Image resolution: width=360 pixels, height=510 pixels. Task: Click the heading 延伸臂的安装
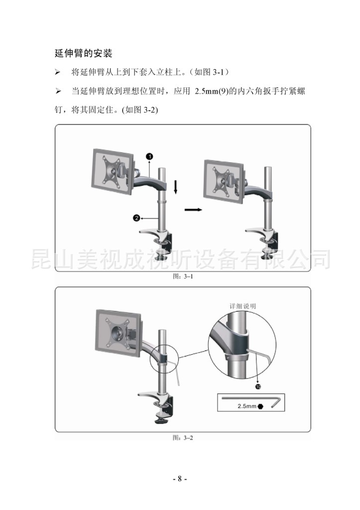(83, 53)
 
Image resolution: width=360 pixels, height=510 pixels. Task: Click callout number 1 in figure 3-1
(149, 156)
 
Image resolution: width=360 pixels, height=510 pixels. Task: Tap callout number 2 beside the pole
(136, 218)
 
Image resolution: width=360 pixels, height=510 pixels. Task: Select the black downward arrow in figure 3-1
(176, 187)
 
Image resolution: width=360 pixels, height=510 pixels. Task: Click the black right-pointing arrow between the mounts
(193, 210)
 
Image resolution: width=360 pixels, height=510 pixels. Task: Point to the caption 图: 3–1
(183, 276)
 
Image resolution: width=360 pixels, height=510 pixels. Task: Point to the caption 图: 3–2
(183, 438)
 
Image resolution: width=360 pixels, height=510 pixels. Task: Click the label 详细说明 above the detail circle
(243, 306)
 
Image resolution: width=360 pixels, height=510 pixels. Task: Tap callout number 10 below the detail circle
(258, 386)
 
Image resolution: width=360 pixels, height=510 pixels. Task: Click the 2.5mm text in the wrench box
(247, 406)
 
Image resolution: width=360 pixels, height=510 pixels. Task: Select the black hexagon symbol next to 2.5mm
(260, 406)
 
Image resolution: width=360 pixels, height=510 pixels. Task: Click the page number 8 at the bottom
(180, 479)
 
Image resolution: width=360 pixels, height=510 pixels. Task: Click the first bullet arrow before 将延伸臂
(58, 72)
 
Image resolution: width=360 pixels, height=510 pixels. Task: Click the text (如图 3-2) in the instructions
(140, 110)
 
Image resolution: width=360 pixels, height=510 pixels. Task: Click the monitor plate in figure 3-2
(119, 333)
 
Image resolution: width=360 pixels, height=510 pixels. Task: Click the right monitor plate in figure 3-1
(224, 181)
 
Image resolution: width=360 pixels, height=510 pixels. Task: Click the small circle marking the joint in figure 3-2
(164, 359)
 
